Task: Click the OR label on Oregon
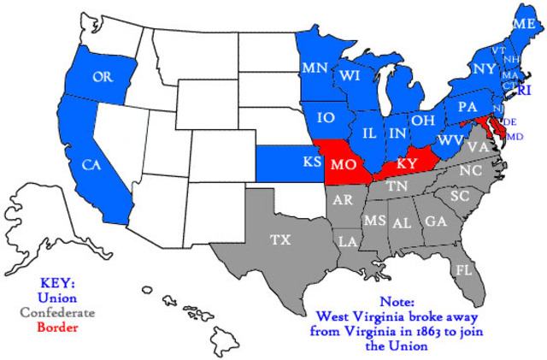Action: pos(103,77)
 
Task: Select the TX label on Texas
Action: pos(280,240)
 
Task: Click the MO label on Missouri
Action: pos(344,163)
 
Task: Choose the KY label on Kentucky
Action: pos(407,163)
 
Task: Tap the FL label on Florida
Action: pos(463,270)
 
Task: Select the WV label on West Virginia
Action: pos(450,139)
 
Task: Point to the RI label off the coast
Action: pos(525,90)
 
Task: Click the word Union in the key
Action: pos(57,298)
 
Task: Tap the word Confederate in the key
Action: pos(57,312)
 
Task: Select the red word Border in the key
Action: pos(57,327)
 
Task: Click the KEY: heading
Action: pos(57,283)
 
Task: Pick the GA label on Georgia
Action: pos(436,221)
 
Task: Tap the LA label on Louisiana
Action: pos(348,241)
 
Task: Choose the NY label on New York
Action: pos(484,68)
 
